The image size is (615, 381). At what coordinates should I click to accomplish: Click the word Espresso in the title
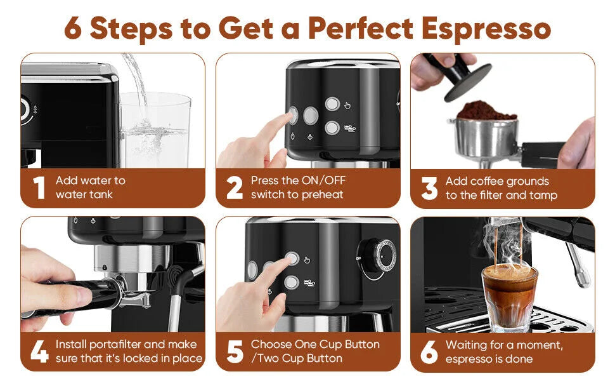pyautogui.click(x=486, y=29)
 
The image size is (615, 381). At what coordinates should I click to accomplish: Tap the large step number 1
pyautogui.click(x=39, y=187)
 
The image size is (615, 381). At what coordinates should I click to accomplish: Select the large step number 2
pyautogui.click(x=235, y=187)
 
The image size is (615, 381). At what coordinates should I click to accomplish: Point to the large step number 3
pyautogui.click(x=429, y=188)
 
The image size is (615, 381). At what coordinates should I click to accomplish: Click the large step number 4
pyautogui.click(x=39, y=351)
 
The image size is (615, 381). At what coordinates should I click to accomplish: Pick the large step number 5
pyautogui.click(x=235, y=351)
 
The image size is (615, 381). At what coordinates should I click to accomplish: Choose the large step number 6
pyautogui.click(x=429, y=352)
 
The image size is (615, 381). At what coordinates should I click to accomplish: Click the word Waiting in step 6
pyautogui.click(x=467, y=345)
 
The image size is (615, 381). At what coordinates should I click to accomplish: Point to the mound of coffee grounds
pyautogui.click(x=486, y=110)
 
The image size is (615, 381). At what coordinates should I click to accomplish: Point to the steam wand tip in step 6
pyautogui.click(x=585, y=279)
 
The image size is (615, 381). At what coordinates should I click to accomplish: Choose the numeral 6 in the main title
pyautogui.click(x=73, y=29)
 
